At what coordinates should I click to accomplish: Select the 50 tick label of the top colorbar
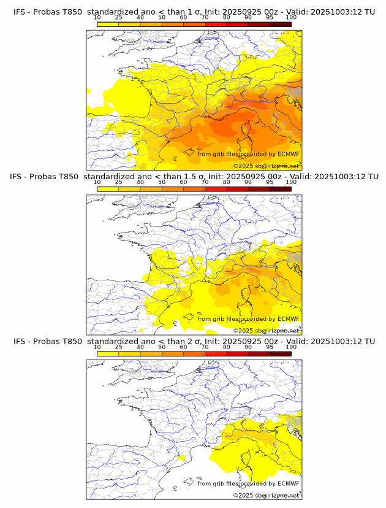click(162, 18)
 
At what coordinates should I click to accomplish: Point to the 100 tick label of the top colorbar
click(291, 18)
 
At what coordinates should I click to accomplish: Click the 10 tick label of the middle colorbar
click(97, 182)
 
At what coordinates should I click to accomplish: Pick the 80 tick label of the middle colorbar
click(227, 182)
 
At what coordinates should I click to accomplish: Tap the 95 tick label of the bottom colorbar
click(270, 347)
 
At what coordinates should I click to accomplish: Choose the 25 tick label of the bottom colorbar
click(119, 347)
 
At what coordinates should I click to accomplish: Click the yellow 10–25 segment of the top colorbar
click(108, 24)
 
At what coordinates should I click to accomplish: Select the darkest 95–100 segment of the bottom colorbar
click(280, 353)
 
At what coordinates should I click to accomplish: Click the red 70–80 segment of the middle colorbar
click(216, 188)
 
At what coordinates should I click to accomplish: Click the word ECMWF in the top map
click(288, 154)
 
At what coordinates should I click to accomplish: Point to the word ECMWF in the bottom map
click(288, 483)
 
